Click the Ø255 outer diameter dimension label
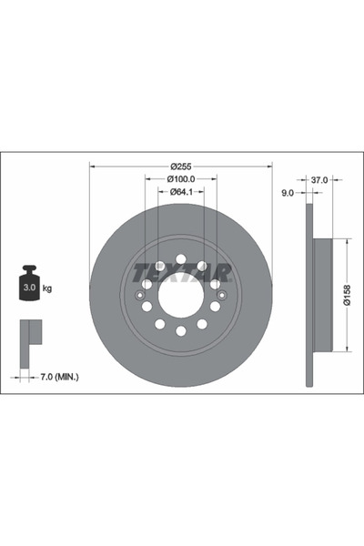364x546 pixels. tap(182, 167)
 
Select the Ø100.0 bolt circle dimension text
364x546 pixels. tap(182, 179)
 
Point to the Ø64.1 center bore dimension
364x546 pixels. tap(182, 192)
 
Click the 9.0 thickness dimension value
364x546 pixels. tap(288, 193)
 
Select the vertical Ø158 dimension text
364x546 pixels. tap(348, 294)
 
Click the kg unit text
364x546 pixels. tap(47, 288)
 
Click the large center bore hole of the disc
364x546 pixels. tap(181, 294)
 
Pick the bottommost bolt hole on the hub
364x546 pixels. tap(181, 331)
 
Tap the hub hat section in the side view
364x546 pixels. tap(323, 294)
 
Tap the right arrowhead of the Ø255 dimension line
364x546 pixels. tap(270, 167)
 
